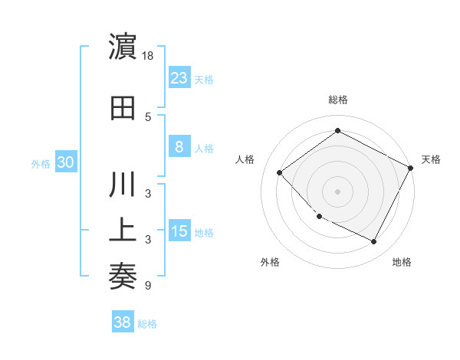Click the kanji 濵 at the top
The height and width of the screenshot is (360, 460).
(x=123, y=47)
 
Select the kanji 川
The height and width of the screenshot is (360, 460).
(x=123, y=187)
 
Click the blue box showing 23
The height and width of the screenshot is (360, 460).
(x=179, y=77)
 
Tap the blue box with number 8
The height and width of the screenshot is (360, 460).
(x=179, y=148)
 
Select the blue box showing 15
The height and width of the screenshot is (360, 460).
(x=179, y=232)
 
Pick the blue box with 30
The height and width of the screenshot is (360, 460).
(x=65, y=162)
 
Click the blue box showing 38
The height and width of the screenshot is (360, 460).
(x=123, y=323)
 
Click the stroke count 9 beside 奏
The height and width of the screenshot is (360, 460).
(x=148, y=285)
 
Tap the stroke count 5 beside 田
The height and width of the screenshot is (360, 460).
(x=148, y=116)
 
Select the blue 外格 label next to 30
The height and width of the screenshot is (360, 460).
(x=41, y=163)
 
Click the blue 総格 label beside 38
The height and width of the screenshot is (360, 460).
(x=147, y=324)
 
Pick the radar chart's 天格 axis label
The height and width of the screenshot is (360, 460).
(x=431, y=159)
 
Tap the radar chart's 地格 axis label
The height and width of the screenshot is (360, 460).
(x=402, y=262)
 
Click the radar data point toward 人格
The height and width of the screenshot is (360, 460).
(x=280, y=172)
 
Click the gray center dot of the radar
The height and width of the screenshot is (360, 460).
(x=337, y=191)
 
